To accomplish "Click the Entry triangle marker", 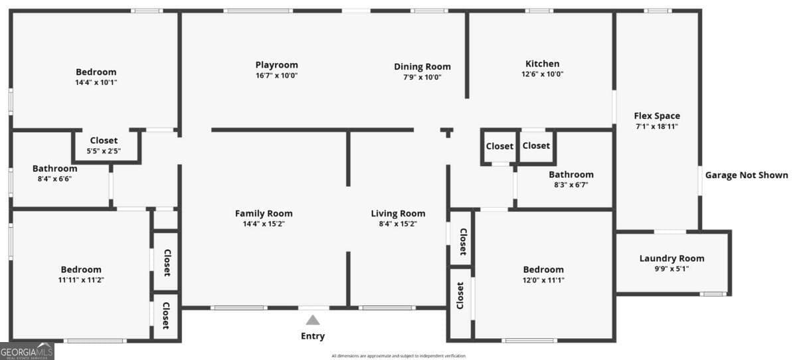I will (x=313, y=319).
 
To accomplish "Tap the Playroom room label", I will (x=276, y=64).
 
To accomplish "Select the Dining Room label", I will (x=422, y=66).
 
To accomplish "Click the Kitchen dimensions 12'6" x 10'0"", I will (x=542, y=74).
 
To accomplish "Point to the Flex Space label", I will (x=658, y=116).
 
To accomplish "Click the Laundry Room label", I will (x=671, y=258).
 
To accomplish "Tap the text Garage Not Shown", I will (x=747, y=175).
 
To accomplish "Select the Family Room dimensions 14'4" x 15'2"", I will (x=264, y=224).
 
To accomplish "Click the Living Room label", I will (x=398, y=213).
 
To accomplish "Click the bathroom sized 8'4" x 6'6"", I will (x=54, y=173).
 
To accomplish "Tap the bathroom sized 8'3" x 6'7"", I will (x=571, y=179).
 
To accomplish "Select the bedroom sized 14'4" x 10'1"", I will (x=96, y=77).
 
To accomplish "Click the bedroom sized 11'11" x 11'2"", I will (x=81, y=274).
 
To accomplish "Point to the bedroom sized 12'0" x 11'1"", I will (x=543, y=274).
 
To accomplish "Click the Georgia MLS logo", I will (x=27, y=351).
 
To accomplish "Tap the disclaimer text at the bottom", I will (x=398, y=356).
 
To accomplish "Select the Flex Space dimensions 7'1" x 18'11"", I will (x=658, y=126).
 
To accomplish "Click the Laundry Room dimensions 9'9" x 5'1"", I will (x=671, y=268).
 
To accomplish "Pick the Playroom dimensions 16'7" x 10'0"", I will (x=276, y=75).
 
